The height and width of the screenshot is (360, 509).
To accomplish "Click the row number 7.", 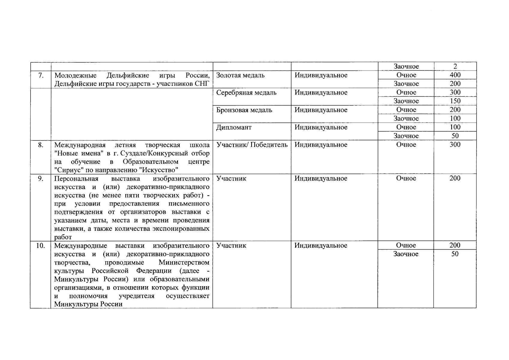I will click(x=41, y=75).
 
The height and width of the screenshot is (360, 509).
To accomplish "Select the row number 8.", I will click(x=41, y=145).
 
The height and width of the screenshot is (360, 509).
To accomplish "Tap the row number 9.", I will click(x=41, y=178).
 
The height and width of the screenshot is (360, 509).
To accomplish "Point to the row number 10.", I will click(x=40, y=246).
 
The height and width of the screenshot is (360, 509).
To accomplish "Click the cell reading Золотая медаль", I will click(x=240, y=75).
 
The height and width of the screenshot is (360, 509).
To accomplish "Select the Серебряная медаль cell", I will click(x=246, y=93).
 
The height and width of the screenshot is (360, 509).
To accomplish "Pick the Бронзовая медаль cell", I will click(x=244, y=110).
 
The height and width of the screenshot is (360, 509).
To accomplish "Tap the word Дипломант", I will click(x=234, y=127).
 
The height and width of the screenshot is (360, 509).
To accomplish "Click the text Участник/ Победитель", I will click(x=252, y=145).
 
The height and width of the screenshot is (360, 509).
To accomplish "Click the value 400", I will click(x=455, y=75).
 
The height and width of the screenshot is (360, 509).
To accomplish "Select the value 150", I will click(x=455, y=101).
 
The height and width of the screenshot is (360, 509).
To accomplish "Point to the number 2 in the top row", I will click(x=455, y=67).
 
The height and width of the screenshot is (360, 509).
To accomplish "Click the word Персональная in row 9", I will click(x=76, y=179).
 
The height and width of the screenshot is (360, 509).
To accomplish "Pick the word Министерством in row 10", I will click(x=184, y=262).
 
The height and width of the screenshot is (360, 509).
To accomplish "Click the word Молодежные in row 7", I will click(x=75, y=75).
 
